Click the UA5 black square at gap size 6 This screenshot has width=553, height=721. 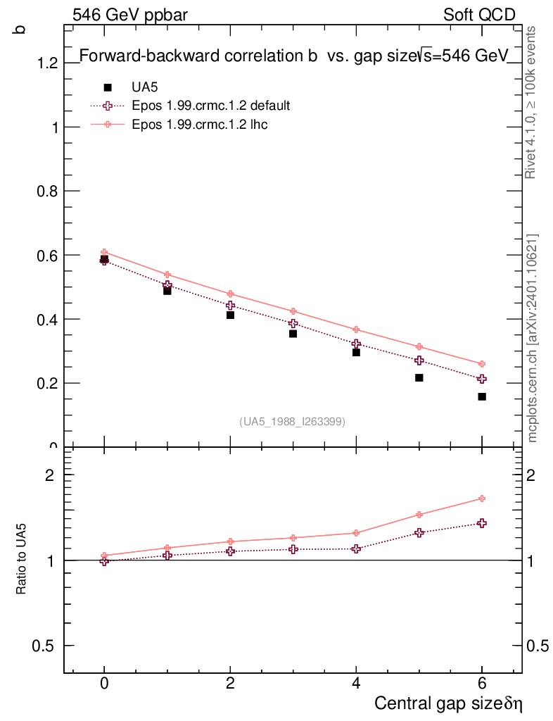pos(482,396)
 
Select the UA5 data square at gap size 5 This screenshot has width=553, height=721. pos(419,378)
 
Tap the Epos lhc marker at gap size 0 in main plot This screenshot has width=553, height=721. pos(104,252)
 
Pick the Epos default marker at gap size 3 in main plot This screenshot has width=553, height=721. pos(293,324)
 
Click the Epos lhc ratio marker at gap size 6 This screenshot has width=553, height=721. pos(482,499)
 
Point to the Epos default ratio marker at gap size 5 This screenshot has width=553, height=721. pos(419,533)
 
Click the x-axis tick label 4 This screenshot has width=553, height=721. pos(356,684)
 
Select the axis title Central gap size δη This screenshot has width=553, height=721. pos(449,703)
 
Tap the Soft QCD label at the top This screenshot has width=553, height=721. pos(479,15)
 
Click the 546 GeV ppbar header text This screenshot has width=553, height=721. pos(130,15)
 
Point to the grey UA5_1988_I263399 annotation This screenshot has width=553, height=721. pos(292,422)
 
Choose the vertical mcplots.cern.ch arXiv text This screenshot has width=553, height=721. pos(533,338)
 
